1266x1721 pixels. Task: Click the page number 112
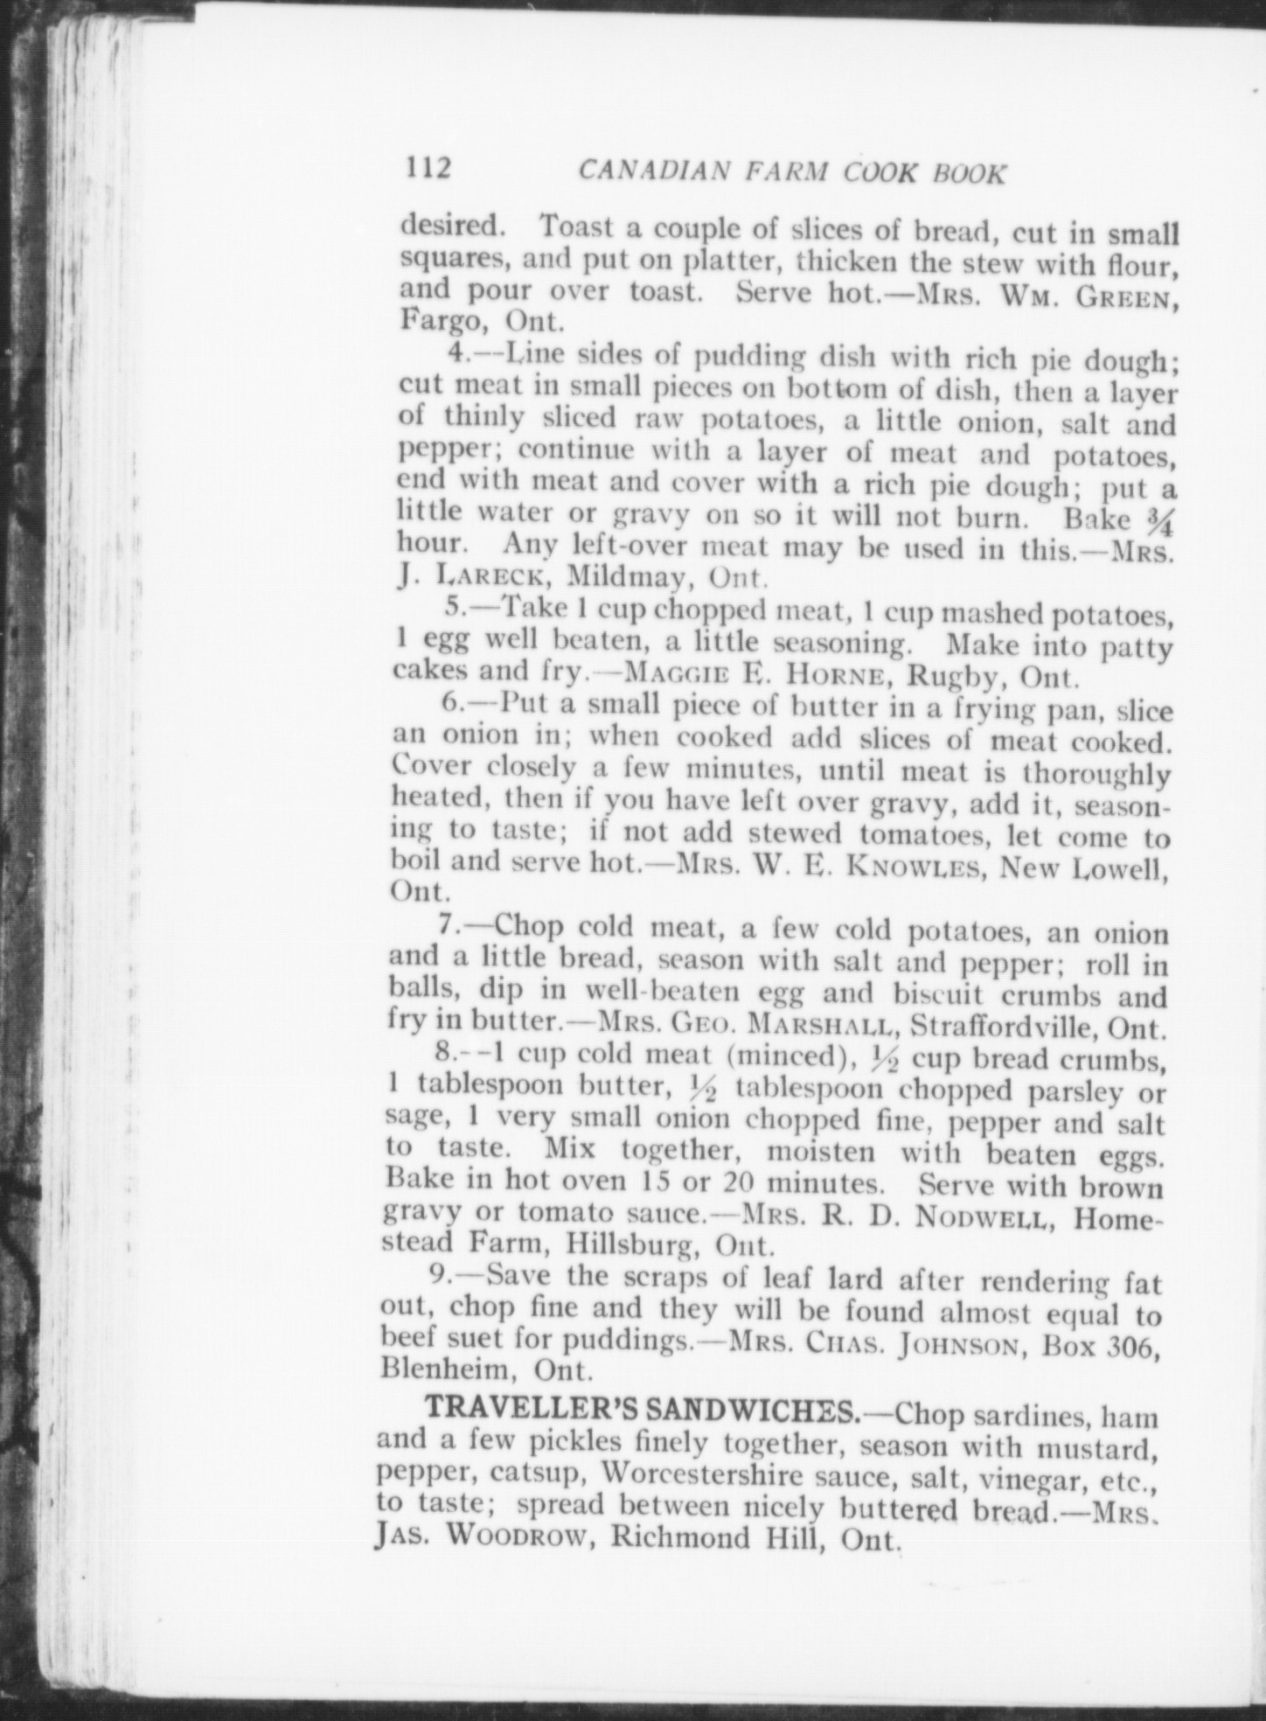tap(426, 166)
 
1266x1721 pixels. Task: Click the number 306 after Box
tap(1130, 1343)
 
